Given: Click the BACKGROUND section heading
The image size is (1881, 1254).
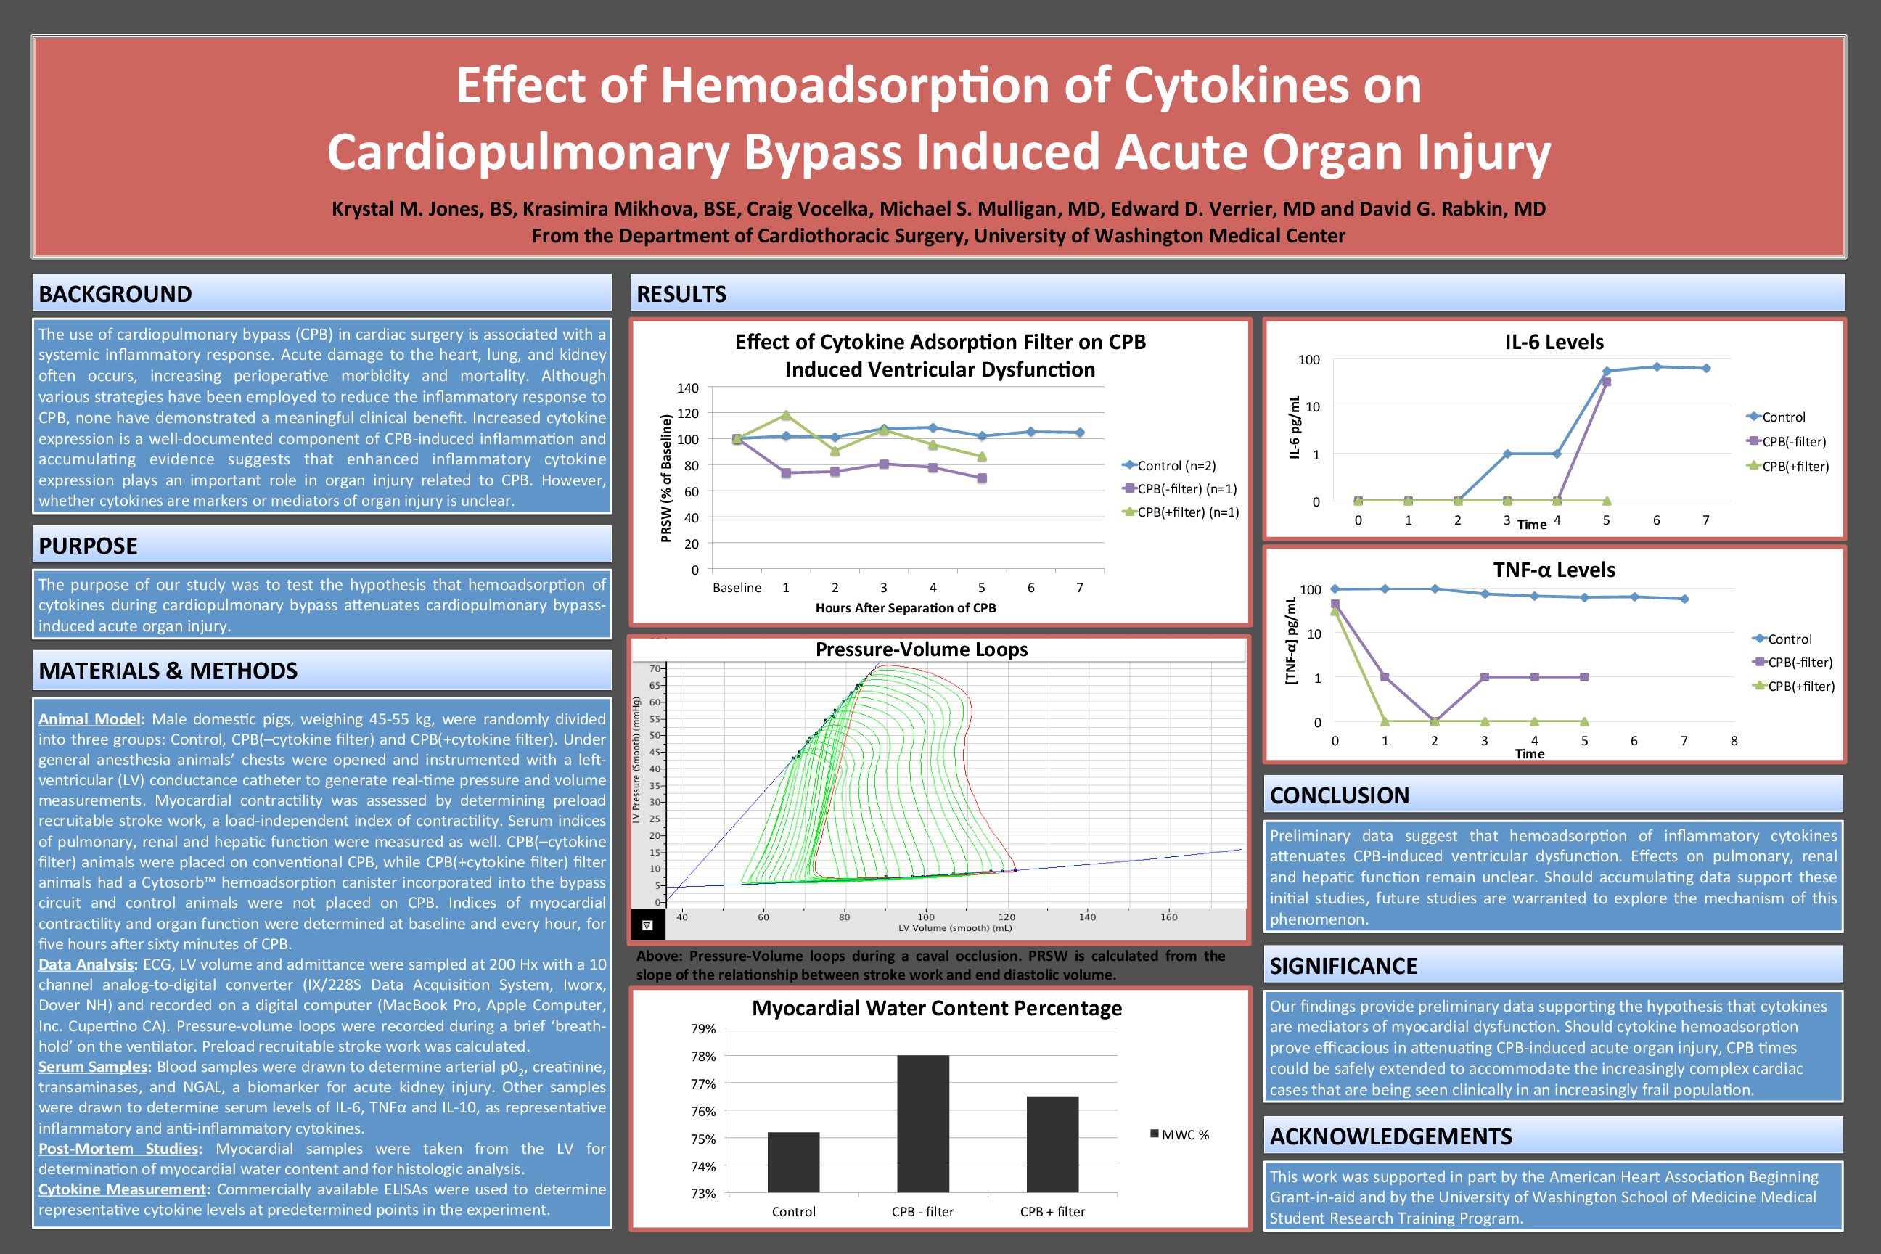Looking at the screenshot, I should click(x=115, y=295).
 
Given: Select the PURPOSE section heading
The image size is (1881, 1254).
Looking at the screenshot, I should click(x=88, y=546).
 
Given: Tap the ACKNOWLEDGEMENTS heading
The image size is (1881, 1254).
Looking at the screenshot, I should click(x=1390, y=1136).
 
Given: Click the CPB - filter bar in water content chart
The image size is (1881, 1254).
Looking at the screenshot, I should click(x=923, y=1123).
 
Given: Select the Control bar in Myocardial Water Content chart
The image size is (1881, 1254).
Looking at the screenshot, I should click(x=793, y=1162).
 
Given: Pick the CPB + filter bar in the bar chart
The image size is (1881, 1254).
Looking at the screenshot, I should click(x=1052, y=1144).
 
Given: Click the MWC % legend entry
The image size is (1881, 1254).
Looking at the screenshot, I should click(x=1180, y=1135).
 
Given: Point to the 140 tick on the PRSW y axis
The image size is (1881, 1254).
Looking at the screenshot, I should click(x=688, y=388).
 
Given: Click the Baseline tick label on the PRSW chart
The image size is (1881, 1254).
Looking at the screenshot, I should click(x=737, y=588).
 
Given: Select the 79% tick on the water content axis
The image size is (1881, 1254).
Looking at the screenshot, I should click(x=703, y=1028).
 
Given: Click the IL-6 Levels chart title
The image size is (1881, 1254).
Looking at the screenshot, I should click(x=1554, y=343).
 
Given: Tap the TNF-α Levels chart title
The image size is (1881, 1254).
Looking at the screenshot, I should click(x=1554, y=570).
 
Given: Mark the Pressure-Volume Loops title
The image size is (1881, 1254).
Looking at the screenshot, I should click(x=922, y=649).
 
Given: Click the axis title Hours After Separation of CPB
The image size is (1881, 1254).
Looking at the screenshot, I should click(x=906, y=608).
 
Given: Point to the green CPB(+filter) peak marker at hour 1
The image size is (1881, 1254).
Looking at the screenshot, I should click(x=786, y=415).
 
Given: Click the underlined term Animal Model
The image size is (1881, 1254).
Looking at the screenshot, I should click(x=89, y=719).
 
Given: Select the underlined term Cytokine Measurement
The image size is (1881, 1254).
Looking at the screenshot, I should click(x=123, y=1189).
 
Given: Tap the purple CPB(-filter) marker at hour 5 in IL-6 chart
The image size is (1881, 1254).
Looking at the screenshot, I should click(x=1607, y=382).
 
